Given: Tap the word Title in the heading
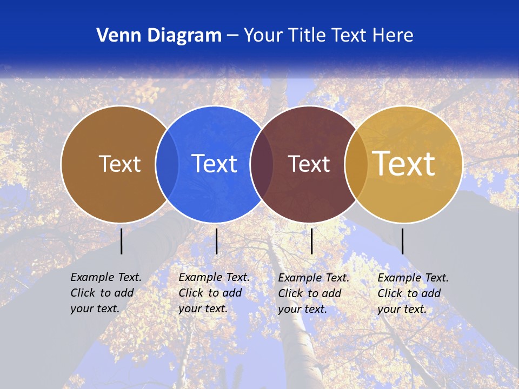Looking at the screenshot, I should pos(308,35).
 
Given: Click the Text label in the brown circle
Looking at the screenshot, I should pos(119,164).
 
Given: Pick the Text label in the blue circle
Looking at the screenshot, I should pos(215,164).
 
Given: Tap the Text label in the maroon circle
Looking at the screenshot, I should pos(309,164).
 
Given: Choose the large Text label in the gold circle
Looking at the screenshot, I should pos(404,164).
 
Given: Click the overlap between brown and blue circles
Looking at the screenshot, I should pos(167,164).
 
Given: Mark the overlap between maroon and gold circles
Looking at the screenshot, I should pos(356,164).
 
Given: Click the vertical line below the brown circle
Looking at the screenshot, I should pos(122,241).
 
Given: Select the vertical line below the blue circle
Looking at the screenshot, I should pos(216,241).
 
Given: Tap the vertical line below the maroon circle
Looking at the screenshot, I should pos(311,241).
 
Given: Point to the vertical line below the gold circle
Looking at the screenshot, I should pos(403,241).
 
